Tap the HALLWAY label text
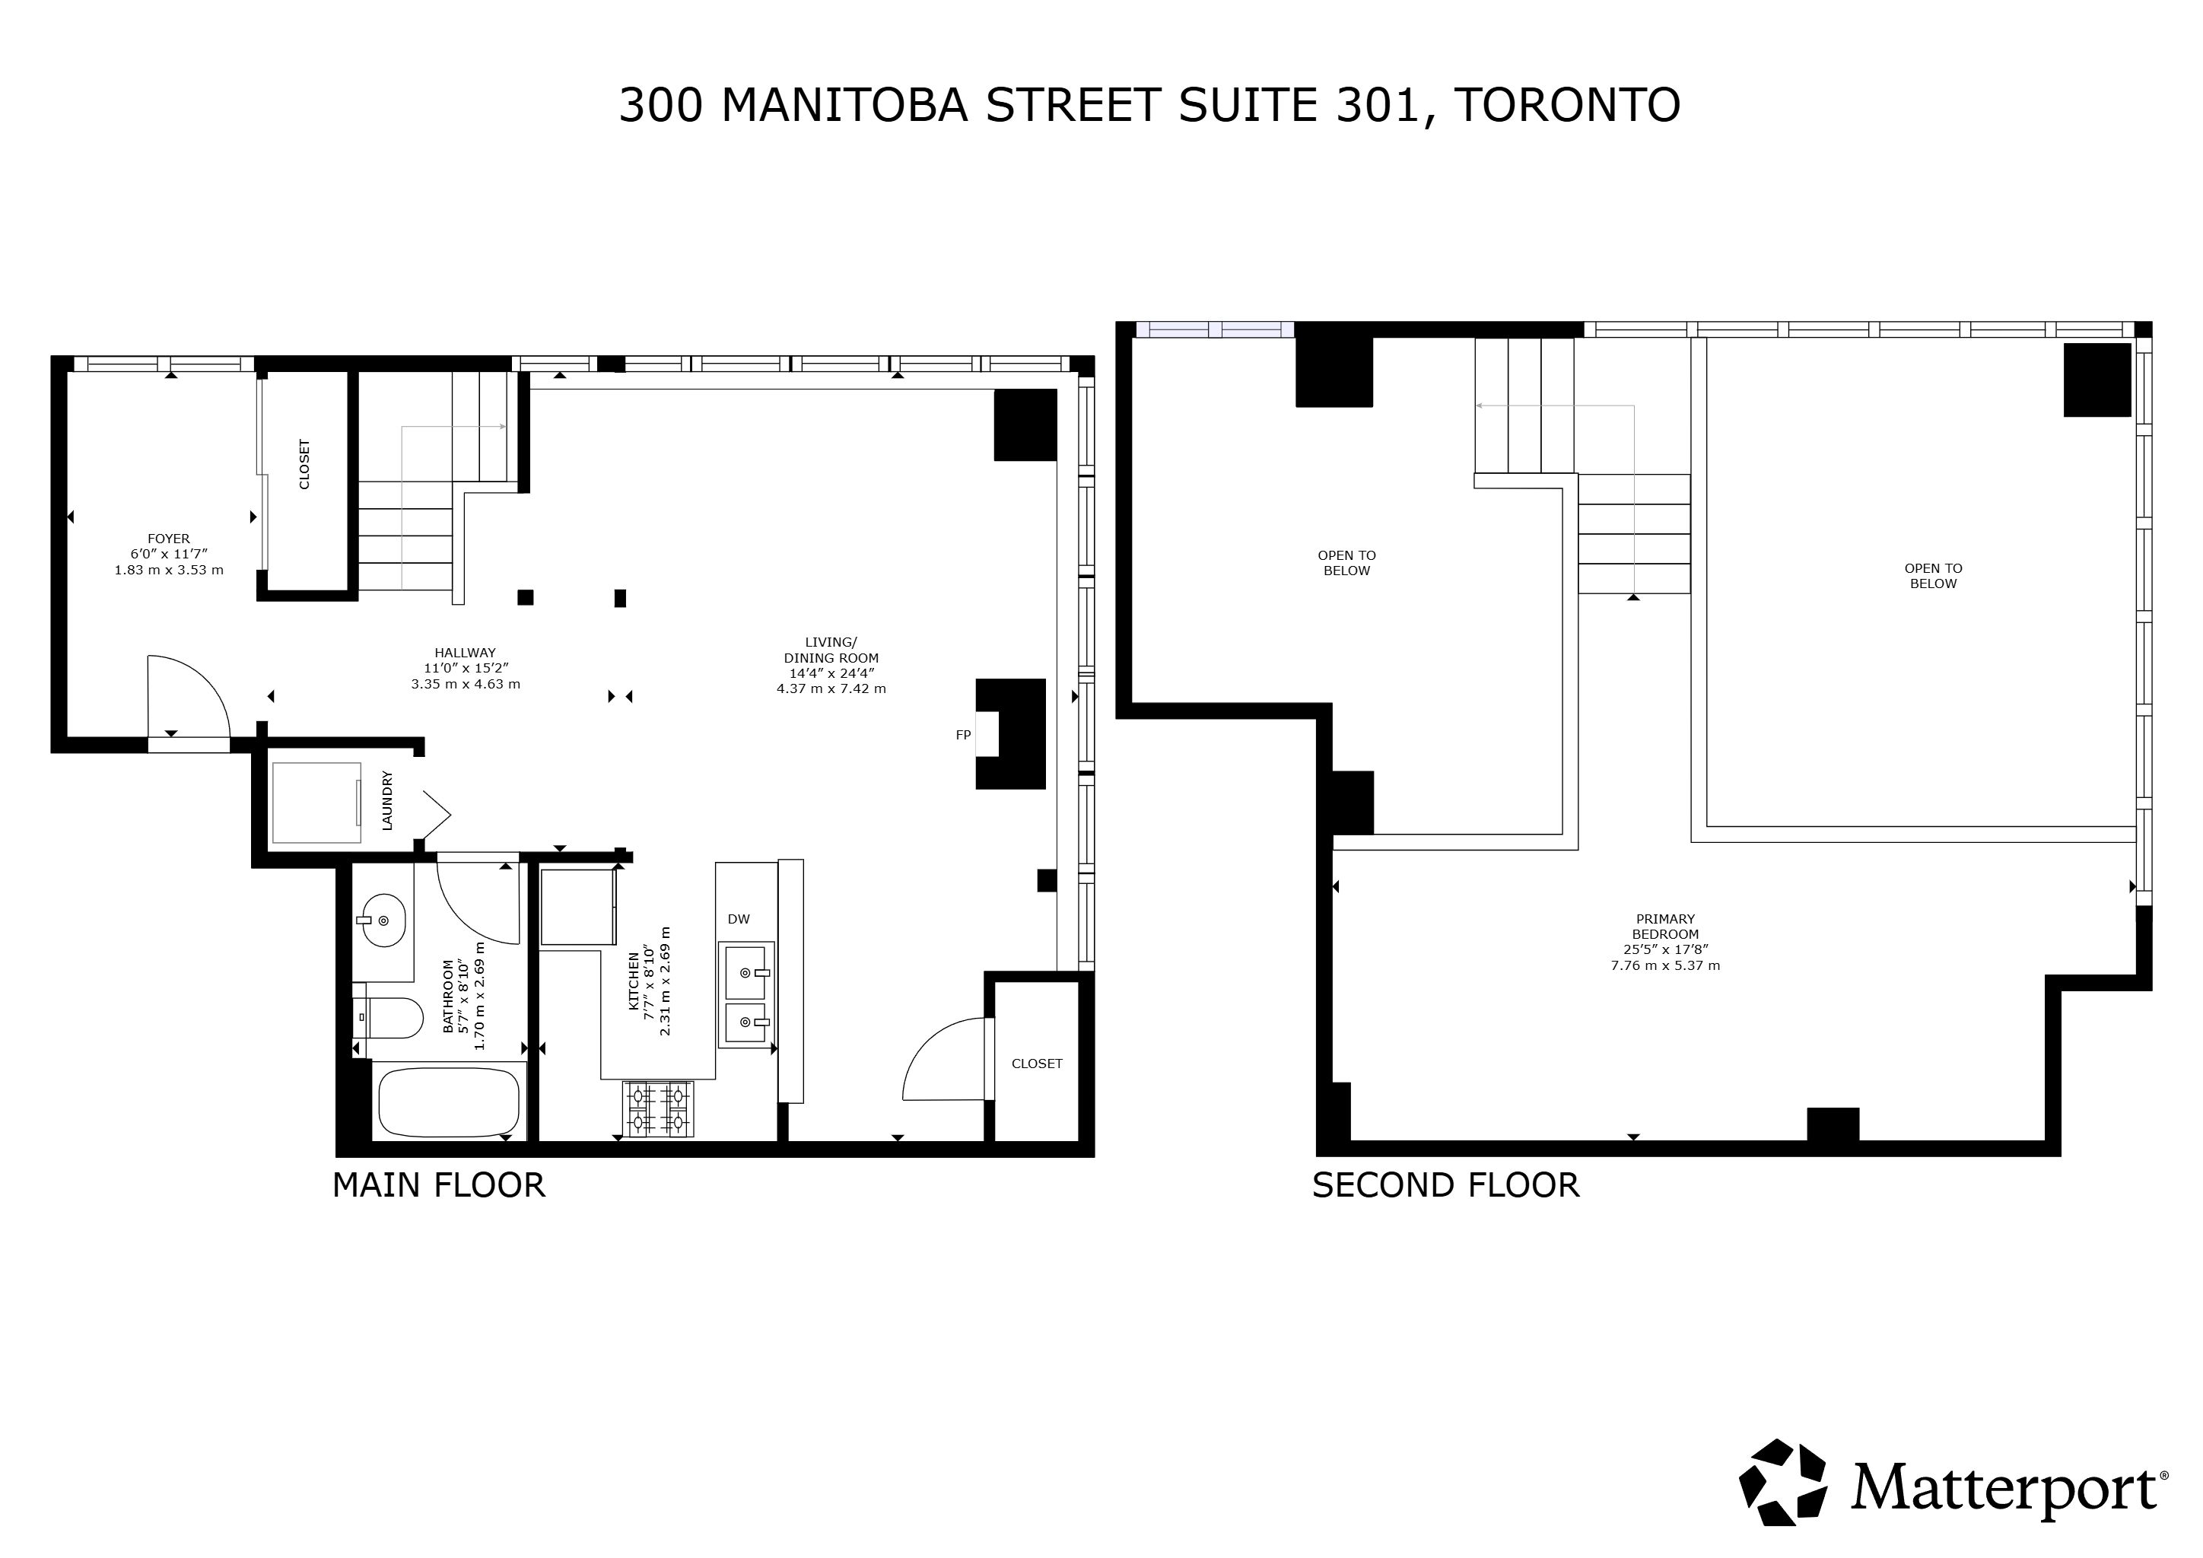(466, 653)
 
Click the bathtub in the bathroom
(449, 1102)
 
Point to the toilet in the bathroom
(389, 1018)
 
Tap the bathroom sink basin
(382, 920)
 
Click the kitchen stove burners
(658, 1109)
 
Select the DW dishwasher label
(739, 919)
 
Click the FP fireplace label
(963, 736)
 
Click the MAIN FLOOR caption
(438, 1186)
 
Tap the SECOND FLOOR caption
(1446, 1186)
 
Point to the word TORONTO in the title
(1568, 106)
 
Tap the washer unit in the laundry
(316, 802)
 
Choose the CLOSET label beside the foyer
(305, 464)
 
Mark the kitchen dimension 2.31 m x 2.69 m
(665, 981)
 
